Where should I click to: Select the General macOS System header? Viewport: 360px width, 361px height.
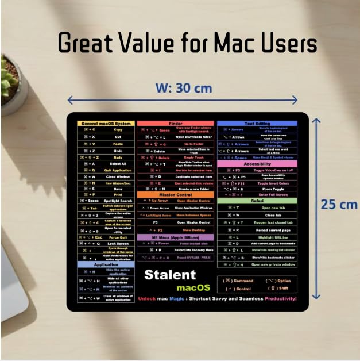(x=106, y=124)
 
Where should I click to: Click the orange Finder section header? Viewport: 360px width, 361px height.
(x=175, y=124)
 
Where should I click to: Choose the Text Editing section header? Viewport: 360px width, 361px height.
(x=257, y=124)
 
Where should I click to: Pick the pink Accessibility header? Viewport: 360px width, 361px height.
(x=257, y=163)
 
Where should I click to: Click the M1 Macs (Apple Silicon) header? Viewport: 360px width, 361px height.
(x=175, y=237)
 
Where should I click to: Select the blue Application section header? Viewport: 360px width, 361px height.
(x=106, y=264)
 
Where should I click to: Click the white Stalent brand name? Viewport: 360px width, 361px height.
(x=170, y=274)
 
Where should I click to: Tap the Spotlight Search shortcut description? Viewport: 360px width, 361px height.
(x=118, y=201)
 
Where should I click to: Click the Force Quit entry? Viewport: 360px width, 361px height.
(x=118, y=236)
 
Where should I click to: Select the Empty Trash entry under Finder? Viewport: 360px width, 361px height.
(x=193, y=158)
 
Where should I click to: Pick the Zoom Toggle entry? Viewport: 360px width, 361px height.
(x=273, y=188)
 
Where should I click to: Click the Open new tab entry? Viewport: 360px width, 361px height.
(x=273, y=207)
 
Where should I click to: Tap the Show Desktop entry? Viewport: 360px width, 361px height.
(x=193, y=230)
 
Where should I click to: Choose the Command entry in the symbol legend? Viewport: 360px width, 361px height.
(x=241, y=281)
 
